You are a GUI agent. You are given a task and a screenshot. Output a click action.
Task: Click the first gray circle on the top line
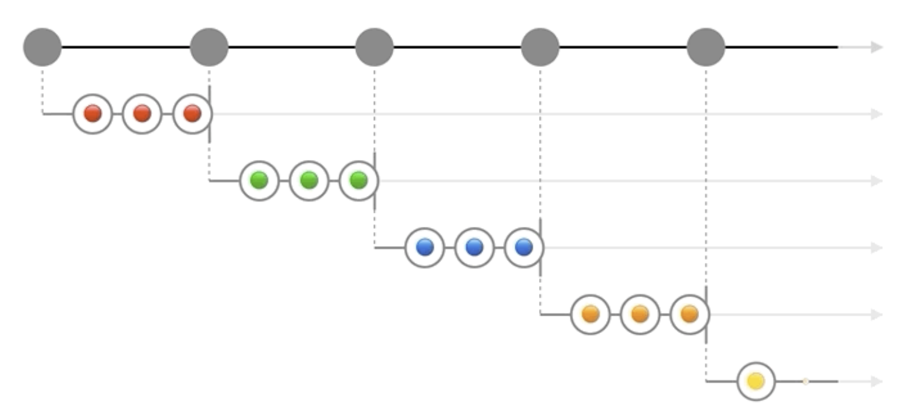tap(42, 47)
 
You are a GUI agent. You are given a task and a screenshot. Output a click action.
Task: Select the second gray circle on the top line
tap(209, 47)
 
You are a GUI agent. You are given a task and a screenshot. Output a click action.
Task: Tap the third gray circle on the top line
tap(375, 47)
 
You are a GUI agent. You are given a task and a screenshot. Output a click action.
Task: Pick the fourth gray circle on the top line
tap(540, 47)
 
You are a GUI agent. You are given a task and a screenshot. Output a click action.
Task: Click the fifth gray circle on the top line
tap(706, 47)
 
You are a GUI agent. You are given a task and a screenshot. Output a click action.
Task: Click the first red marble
tap(92, 113)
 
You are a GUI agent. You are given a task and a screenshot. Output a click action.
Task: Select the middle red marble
tap(142, 113)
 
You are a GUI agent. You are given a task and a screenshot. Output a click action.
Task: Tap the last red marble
tap(192, 113)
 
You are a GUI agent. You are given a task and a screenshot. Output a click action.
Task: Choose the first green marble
tap(259, 180)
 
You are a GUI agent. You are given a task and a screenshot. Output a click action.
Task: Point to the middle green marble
tap(309, 180)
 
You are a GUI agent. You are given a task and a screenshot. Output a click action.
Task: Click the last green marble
tap(358, 180)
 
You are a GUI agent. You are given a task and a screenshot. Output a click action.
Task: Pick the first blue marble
tap(425, 247)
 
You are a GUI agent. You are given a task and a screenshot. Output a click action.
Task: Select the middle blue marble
tap(474, 247)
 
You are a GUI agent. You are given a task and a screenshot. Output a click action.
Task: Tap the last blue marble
tap(524, 247)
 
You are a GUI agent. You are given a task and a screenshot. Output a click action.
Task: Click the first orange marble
tap(590, 314)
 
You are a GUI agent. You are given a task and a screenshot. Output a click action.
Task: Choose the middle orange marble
tap(640, 314)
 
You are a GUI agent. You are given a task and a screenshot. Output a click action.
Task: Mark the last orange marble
tap(690, 314)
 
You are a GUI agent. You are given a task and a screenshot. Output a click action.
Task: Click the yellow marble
tap(756, 381)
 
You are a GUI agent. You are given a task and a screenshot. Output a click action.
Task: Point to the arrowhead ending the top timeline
tap(876, 47)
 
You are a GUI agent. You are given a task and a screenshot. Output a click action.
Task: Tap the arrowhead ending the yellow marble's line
tap(876, 381)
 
